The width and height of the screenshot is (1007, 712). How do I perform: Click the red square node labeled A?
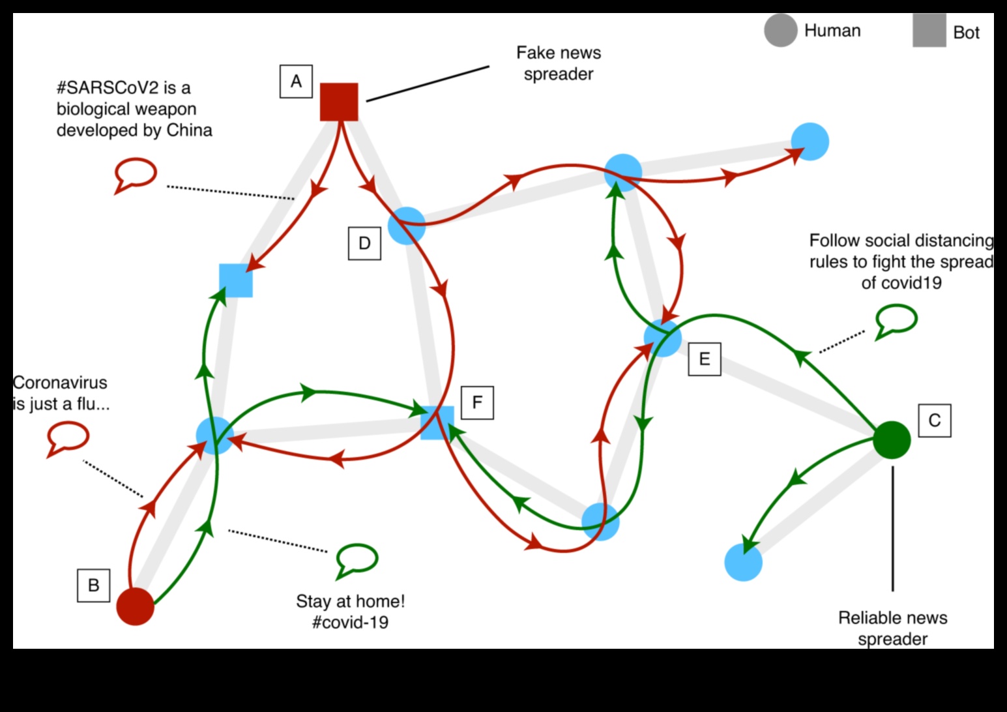click(339, 102)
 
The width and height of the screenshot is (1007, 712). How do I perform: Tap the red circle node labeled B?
click(136, 606)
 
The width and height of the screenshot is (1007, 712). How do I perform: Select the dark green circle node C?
click(891, 439)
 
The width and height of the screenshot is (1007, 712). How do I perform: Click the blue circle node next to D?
click(407, 226)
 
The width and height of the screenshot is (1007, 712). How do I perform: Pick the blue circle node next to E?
click(662, 338)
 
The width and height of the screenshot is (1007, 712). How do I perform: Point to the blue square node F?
click(437, 422)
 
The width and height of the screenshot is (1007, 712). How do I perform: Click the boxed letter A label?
click(296, 82)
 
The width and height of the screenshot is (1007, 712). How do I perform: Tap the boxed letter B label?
click(93, 585)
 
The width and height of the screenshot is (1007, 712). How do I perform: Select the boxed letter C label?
click(934, 421)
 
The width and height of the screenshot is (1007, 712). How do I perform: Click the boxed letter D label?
click(364, 243)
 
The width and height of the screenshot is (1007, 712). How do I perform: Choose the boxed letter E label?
click(705, 359)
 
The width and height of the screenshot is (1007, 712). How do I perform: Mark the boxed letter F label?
click(477, 402)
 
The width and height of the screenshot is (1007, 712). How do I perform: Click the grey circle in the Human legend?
click(780, 31)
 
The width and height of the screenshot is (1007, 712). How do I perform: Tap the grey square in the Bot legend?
click(929, 31)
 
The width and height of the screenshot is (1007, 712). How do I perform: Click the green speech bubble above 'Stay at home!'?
click(356, 559)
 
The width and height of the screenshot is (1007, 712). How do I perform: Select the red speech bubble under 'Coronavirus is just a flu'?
click(68, 437)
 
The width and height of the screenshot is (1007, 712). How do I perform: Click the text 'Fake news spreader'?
click(559, 63)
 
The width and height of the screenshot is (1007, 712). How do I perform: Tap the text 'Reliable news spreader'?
click(892, 628)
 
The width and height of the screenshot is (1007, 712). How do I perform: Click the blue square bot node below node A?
click(235, 280)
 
